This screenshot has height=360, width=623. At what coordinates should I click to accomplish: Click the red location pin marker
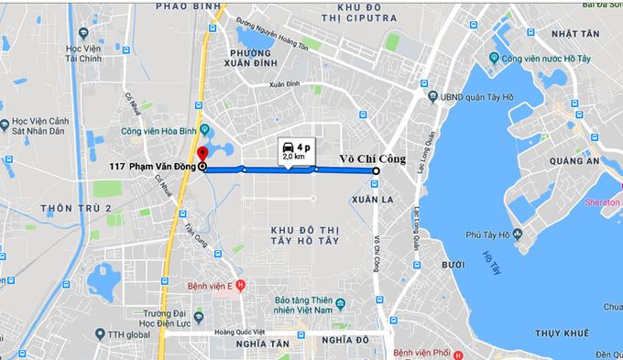(202, 152)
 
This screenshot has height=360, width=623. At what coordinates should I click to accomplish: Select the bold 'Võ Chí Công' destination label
(372, 158)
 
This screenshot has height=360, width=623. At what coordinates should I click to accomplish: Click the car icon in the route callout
(290, 146)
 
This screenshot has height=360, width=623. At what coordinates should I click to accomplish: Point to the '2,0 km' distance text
(293, 158)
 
